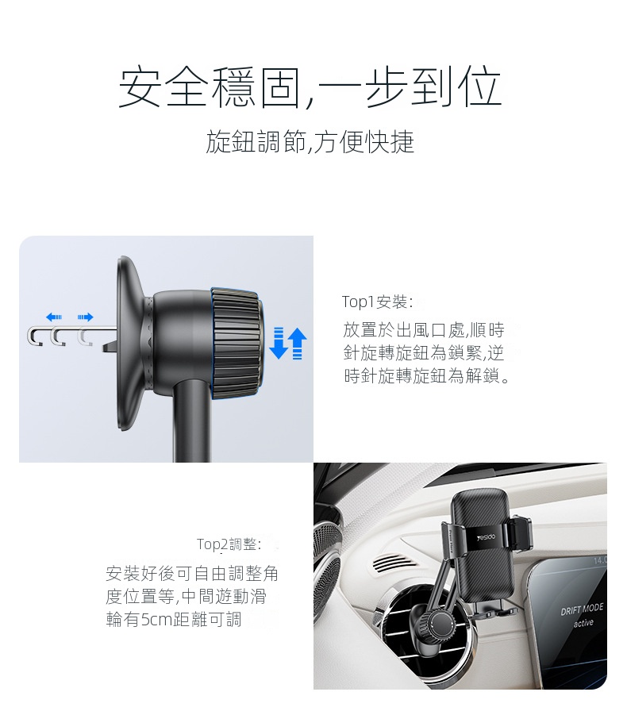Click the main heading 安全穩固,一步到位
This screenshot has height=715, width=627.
pos(310,87)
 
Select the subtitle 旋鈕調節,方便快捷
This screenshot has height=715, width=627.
pos(310,141)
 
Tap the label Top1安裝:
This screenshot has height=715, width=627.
pos(378,302)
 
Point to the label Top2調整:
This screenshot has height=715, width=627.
pos(229,544)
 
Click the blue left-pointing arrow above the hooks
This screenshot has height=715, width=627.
pos(54,317)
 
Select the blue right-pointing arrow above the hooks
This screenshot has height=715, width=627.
pos(85,317)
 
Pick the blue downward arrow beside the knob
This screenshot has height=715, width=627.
pos(278,343)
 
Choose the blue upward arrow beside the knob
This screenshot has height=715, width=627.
pos(298,344)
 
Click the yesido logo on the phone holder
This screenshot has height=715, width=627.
pos(486,537)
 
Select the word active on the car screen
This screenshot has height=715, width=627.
pos(583,623)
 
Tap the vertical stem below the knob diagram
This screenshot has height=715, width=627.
pos(191,422)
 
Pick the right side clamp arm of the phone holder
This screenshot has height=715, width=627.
pos(521,532)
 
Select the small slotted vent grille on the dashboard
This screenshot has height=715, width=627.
pos(394,563)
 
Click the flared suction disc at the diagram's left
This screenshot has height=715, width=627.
pos(133,343)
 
